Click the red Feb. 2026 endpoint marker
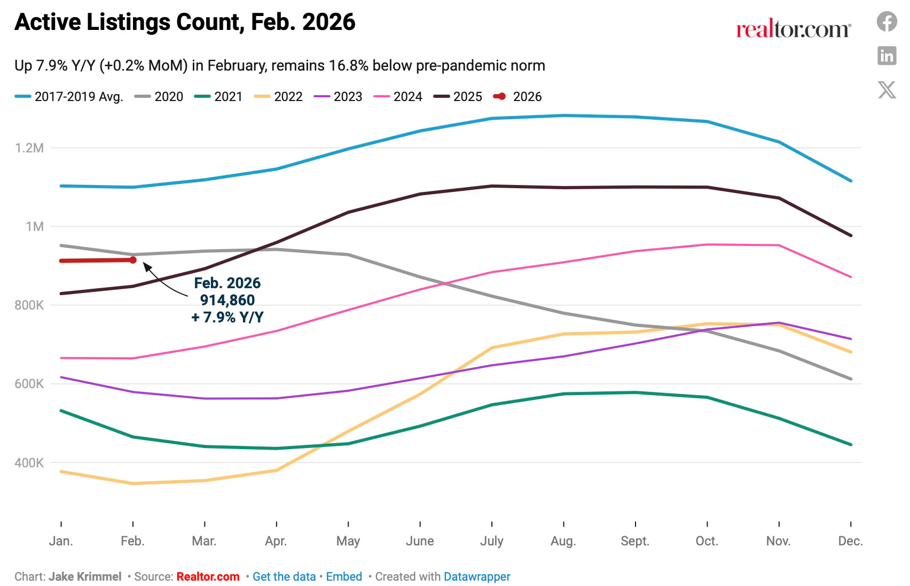(x=133, y=260)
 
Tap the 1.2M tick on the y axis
(x=29, y=148)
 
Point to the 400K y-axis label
(x=29, y=463)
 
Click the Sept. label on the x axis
(x=635, y=541)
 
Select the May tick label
(x=348, y=541)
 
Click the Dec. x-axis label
(x=850, y=541)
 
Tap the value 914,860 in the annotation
(x=227, y=300)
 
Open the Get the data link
(x=284, y=576)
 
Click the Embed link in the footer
(x=344, y=576)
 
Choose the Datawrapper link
(x=477, y=576)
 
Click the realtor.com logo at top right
(x=794, y=29)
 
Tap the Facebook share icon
(x=887, y=22)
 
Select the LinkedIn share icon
(x=887, y=56)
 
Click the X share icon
(x=887, y=89)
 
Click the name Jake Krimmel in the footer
(x=85, y=576)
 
